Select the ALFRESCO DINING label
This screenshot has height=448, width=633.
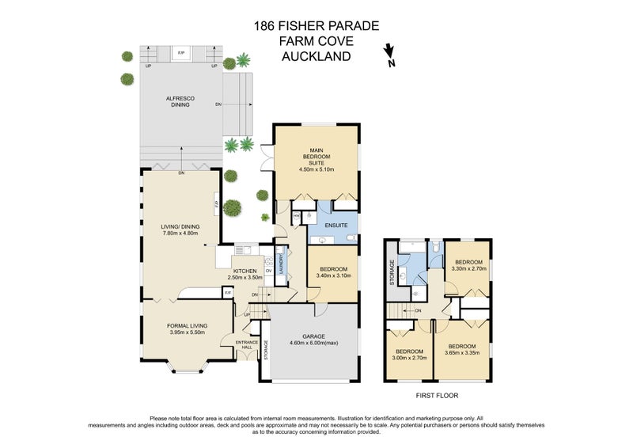click(x=180, y=101)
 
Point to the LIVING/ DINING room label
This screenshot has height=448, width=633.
click(x=180, y=227)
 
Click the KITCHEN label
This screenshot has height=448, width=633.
click(x=244, y=271)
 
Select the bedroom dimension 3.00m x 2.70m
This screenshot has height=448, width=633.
click(x=411, y=358)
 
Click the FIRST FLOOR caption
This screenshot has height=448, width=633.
click(x=436, y=395)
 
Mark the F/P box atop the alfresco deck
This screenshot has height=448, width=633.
click(x=180, y=53)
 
